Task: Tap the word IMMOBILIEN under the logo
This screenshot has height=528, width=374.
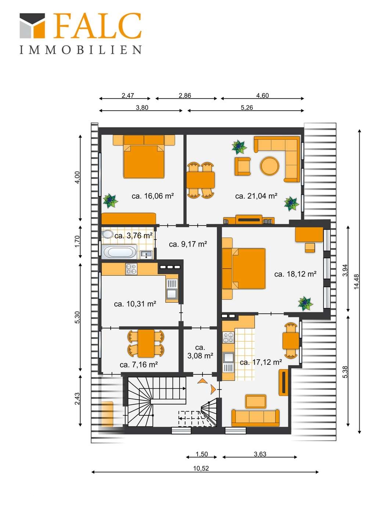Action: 80,50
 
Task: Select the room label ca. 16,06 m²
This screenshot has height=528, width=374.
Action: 152,196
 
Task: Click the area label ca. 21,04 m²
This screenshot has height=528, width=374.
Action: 256,196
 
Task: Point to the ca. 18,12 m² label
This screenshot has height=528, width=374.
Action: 295,274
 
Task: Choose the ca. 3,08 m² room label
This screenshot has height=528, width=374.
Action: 200,352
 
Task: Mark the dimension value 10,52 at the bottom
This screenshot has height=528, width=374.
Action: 201,468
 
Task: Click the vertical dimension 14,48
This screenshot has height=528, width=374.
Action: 356,282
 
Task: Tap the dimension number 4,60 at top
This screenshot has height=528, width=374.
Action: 262,95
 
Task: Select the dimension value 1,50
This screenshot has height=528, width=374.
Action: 201,454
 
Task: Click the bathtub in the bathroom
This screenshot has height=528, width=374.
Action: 119,252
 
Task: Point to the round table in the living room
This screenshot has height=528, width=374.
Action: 270,166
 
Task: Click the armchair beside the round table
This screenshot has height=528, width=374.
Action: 242,166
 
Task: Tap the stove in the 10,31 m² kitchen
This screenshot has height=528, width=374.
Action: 131,269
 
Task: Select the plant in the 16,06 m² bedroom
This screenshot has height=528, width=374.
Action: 110,201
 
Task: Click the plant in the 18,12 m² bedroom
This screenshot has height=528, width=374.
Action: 305,304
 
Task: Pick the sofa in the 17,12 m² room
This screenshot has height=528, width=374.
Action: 255,418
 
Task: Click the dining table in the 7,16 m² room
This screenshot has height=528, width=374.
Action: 146,343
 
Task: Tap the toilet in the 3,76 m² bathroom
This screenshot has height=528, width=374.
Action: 107,234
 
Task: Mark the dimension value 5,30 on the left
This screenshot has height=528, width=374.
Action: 77,317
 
